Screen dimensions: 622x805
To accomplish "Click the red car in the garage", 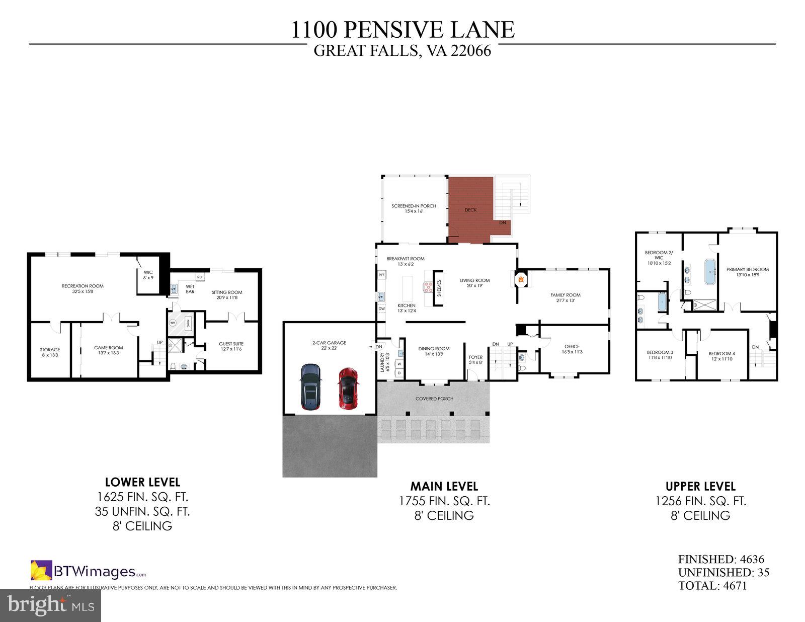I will [348, 388].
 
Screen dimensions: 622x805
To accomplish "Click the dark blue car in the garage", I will [311, 386].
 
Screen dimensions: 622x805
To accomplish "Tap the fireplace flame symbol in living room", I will [521, 278].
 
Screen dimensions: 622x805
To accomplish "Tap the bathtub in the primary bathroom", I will [710, 272].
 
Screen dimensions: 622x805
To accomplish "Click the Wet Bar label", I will [190, 289].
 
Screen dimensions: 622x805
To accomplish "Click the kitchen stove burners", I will [428, 287].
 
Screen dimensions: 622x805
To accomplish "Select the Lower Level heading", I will [142, 482].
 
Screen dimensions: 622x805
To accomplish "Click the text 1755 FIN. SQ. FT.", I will [444, 501].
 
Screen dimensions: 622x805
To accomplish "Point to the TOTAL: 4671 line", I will [712, 586].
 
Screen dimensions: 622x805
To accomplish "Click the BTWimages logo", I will [89, 571].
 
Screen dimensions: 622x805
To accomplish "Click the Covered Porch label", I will [434, 399].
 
